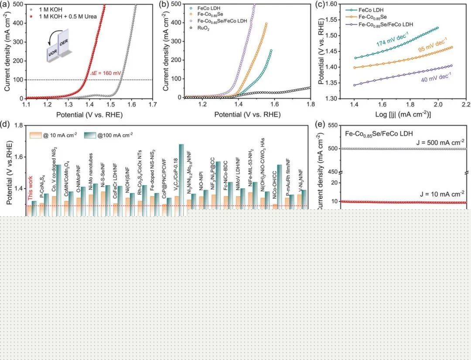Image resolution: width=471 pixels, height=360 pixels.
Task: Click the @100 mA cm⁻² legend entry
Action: tap(107, 134)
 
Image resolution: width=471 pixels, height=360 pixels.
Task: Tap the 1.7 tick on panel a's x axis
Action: tap(152, 105)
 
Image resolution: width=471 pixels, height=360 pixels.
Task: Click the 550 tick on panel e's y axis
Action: tap(333, 126)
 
